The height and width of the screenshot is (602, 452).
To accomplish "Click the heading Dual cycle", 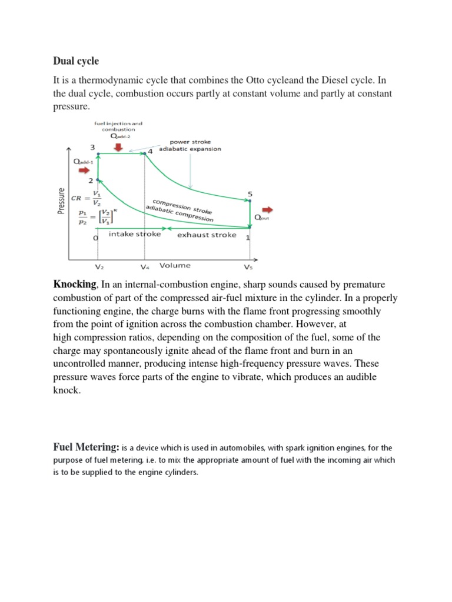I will tap(76, 61).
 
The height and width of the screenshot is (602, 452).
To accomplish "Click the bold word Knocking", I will tap(74, 285).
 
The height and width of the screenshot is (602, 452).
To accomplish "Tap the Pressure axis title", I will tap(61, 200).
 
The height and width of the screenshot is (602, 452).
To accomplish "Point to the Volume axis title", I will tap(175, 265).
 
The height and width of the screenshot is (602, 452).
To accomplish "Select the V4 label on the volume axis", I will tap(145, 266).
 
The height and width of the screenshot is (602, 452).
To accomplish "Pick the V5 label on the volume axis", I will tap(248, 266).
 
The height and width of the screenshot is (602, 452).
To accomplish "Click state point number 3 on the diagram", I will tap(93, 147).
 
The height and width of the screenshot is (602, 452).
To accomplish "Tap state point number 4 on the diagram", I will tap(149, 151).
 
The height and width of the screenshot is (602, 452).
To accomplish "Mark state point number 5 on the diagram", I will tap(250, 193).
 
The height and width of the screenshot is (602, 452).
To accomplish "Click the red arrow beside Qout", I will tap(268, 209).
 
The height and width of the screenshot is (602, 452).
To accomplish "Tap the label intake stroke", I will tap(135, 235).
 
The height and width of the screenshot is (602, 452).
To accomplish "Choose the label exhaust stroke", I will tap(207, 235).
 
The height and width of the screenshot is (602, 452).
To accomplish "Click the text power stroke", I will tap(190, 142).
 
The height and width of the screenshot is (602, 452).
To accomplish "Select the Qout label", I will tap(260, 218).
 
